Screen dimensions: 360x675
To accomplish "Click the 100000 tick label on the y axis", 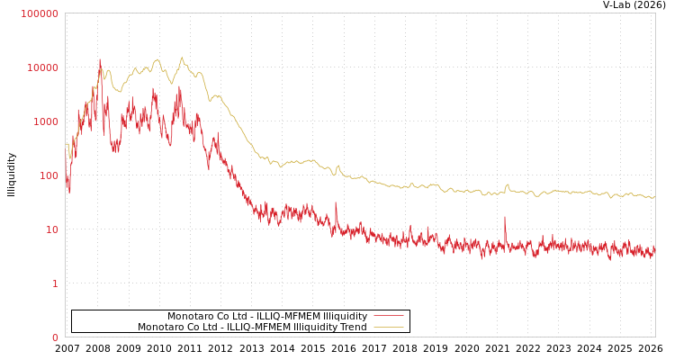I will point(40,13).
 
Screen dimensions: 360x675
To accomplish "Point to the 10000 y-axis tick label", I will point(42,67).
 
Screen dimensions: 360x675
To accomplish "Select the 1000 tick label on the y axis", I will point(45,121).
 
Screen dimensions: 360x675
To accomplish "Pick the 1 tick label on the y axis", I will point(54,283).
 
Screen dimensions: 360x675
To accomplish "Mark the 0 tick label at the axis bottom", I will point(54,337).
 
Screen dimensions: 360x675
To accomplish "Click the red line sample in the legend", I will point(388,316).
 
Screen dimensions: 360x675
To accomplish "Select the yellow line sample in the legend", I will point(388,327).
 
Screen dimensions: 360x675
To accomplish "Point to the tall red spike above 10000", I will point(100,61).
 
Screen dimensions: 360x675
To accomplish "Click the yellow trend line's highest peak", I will point(182,58).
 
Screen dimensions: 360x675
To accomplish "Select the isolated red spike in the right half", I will point(505,218).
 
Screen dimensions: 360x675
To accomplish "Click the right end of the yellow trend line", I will point(654,196).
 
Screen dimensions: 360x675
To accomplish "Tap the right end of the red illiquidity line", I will point(654,252).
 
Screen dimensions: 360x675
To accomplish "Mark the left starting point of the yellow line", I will point(66,145).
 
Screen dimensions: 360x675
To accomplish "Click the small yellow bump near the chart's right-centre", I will point(507,185).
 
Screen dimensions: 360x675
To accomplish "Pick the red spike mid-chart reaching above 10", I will point(336,203).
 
